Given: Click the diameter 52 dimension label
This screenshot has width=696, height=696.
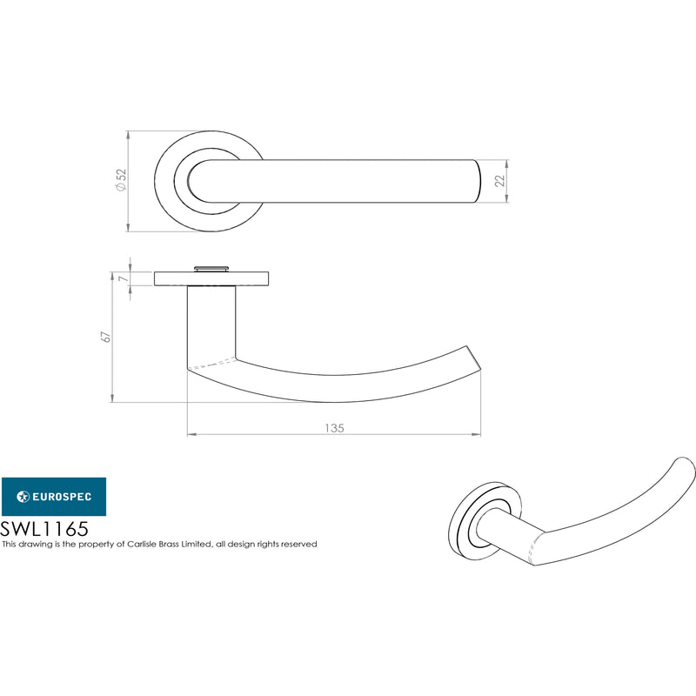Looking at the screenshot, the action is pos(121,180).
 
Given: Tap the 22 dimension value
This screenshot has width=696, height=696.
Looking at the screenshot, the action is pos(500,181).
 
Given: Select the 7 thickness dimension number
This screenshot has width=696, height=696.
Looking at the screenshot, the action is pos(124,278).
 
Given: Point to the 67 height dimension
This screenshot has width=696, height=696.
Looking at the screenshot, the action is pos(106,336).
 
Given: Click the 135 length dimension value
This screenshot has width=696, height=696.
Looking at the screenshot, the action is pos(334,428).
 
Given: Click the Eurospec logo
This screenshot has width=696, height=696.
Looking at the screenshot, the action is pos(54,496).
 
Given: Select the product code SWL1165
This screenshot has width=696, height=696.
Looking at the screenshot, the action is pos(44,529).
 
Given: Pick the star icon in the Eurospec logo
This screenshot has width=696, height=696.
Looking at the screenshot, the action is pos(23,496).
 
